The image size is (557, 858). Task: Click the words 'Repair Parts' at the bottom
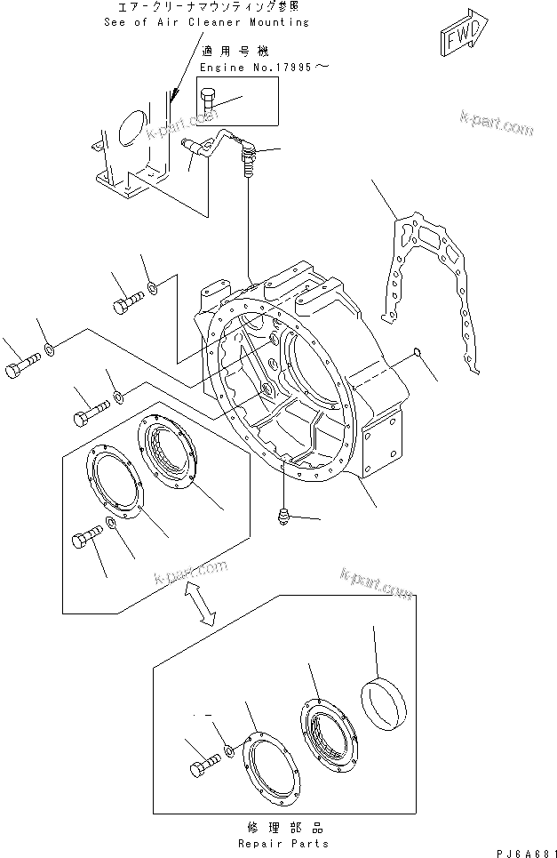[x=282, y=843]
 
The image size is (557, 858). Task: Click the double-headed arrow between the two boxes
[x=203, y=605]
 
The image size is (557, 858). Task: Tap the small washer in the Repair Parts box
[x=229, y=753]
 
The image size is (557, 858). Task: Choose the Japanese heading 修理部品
[x=282, y=826]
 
